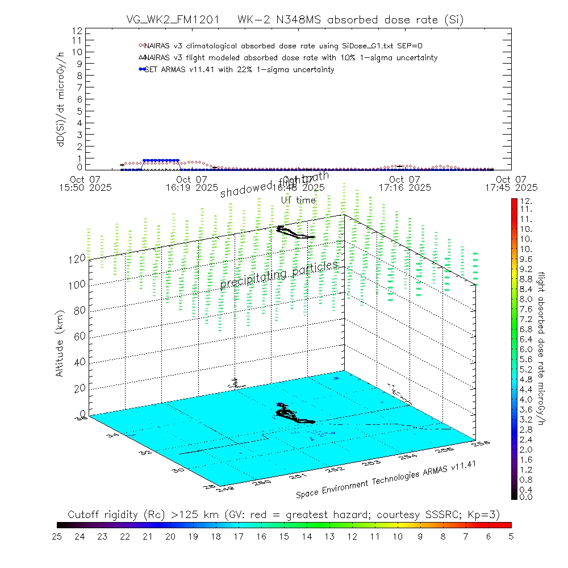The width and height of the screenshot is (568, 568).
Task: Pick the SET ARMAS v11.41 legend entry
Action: click(239, 70)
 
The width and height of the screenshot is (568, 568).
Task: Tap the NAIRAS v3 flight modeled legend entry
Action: click(290, 58)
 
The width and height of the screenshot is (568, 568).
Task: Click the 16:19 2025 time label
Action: click(191, 187)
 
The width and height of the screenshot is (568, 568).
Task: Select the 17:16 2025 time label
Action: click(405, 187)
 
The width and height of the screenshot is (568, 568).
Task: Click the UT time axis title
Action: click(298, 200)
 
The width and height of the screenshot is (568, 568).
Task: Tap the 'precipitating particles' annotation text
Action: click(279, 274)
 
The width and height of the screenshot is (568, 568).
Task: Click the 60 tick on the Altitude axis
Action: click(80, 336)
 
